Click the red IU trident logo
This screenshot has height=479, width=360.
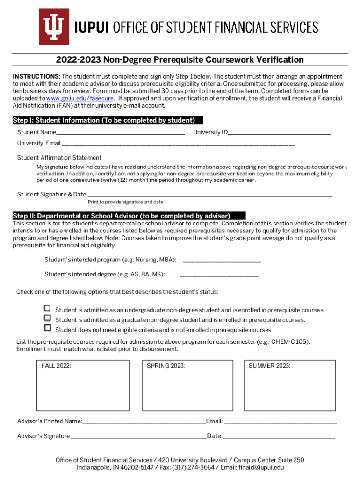[x=54, y=27]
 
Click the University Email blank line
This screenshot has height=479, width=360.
[x=178, y=144]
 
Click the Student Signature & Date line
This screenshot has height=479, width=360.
[x=210, y=195]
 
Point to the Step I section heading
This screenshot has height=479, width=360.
[x=104, y=121]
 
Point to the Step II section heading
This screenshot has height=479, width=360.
[x=122, y=216]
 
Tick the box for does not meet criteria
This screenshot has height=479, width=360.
[x=47, y=329]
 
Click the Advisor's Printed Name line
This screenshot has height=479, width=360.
[x=144, y=422]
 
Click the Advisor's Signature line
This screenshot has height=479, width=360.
[x=138, y=437]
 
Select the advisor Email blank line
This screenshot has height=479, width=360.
[x=280, y=422]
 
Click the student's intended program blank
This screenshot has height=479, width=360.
[x=222, y=261]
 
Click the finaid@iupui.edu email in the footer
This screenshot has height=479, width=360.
[x=259, y=467]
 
